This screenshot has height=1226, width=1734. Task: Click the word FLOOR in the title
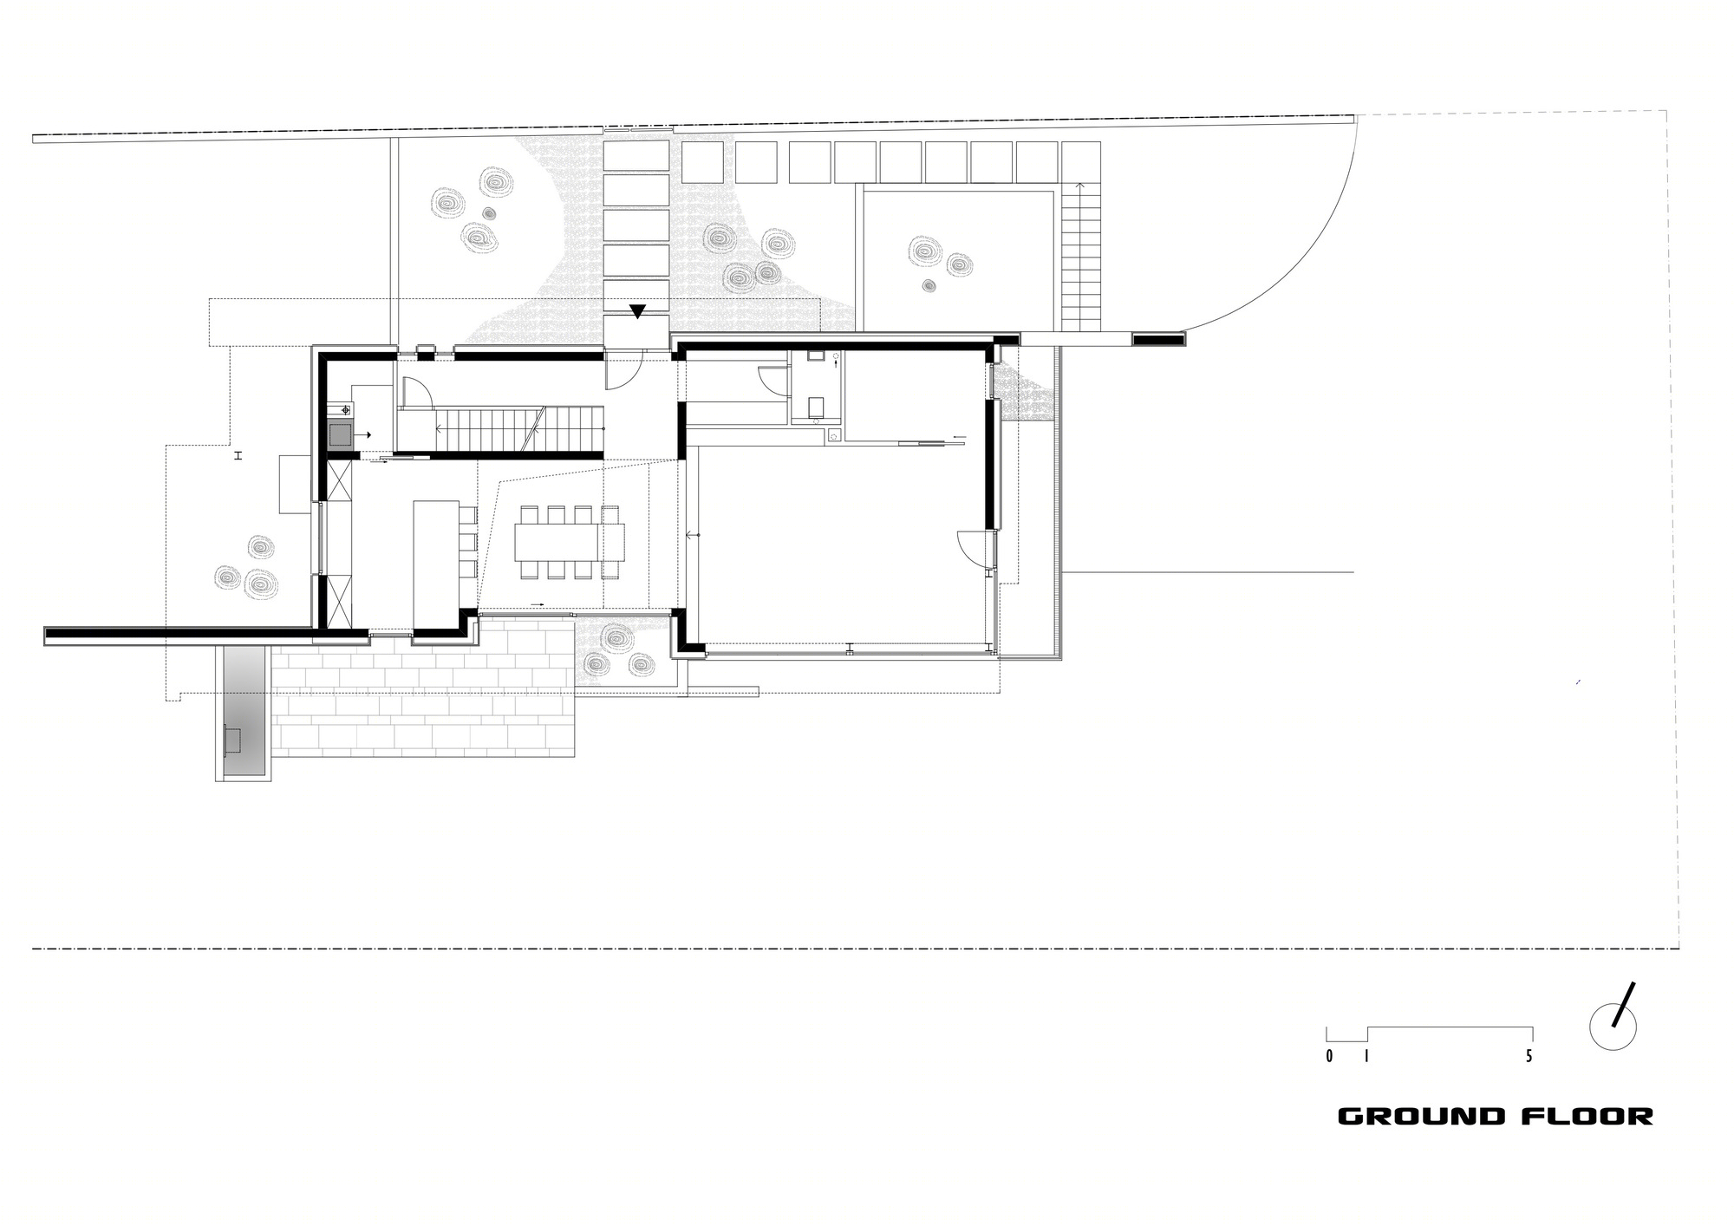tap(1587, 1116)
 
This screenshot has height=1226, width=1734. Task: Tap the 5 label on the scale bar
tap(1529, 1056)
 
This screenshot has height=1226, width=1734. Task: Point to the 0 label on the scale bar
tap(1329, 1056)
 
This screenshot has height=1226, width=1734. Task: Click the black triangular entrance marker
tap(638, 312)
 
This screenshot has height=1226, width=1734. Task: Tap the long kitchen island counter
tap(433, 563)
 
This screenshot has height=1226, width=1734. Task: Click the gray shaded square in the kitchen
tap(341, 433)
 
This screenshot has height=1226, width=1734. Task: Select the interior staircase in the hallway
tap(500, 432)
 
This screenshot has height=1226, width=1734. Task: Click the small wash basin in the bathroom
tap(816, 355)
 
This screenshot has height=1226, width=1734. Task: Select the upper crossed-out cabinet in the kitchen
tap(340, 481)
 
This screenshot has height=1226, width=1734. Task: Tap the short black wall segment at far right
tap(1158, 341)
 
